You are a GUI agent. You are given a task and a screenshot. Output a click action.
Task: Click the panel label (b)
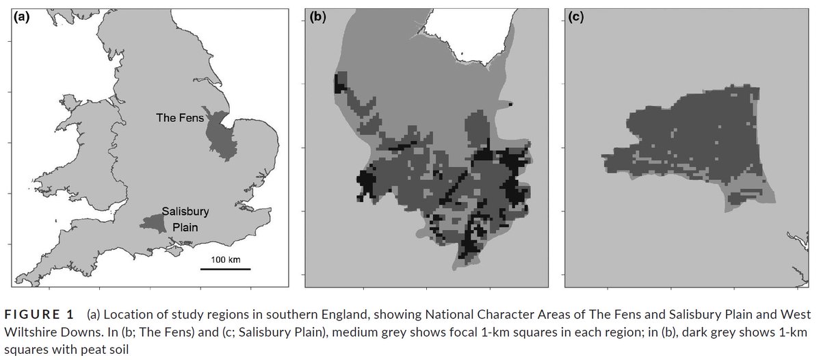tap(318, 16)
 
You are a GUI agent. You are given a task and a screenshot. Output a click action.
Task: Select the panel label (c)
tap(577, 16)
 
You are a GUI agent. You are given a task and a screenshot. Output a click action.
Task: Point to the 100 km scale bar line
tap(225, 269)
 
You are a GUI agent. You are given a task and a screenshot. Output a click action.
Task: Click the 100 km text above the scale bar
tap(225, 259)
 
